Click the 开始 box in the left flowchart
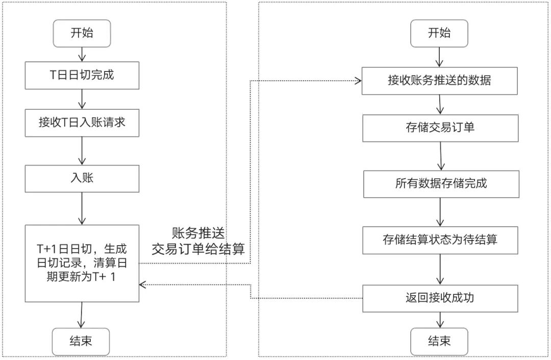[82, 34]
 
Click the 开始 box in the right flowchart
[439, 34]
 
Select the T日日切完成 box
[82, 76]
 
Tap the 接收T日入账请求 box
[82, 123]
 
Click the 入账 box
[82, 178]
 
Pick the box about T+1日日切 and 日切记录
[82, 262]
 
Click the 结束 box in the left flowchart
[82, 342]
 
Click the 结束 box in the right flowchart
[439, 342]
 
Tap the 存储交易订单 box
[440, 128]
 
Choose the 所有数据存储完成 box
[441, 183]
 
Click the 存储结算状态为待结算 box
[440, 239]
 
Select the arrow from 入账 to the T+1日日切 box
[82, 208]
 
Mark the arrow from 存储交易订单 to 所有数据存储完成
[441, 156]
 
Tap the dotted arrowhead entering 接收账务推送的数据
[358, 81]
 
